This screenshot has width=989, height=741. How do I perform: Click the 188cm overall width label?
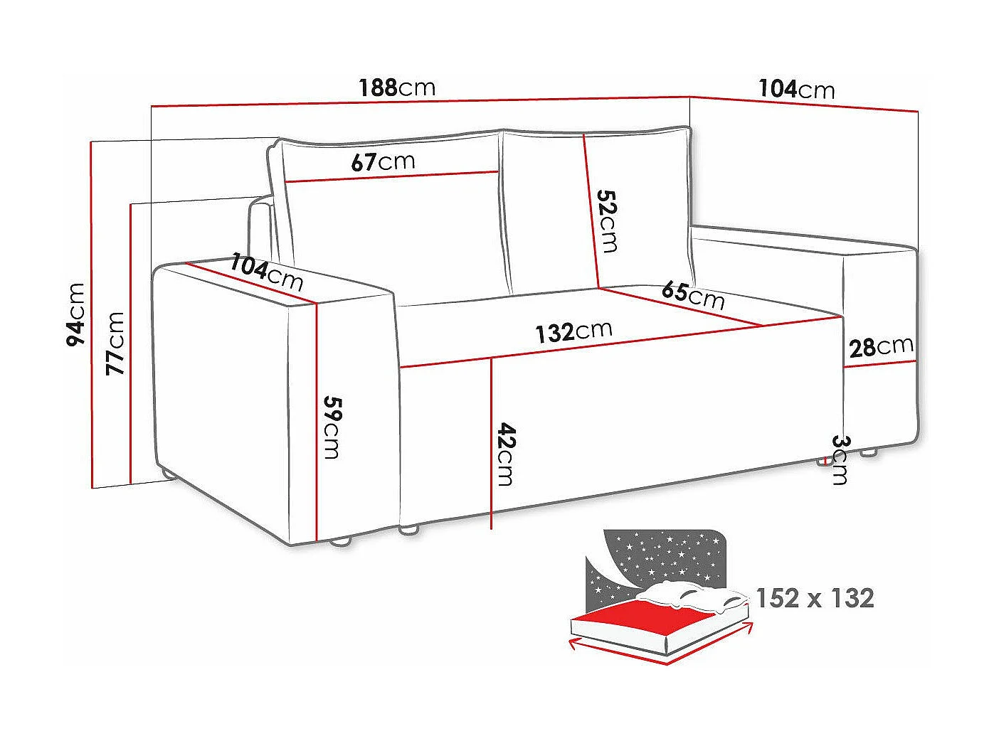(396, 87)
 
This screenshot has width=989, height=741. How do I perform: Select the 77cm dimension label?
(115, 343)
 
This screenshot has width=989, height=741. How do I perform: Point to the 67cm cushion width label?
(383, 162)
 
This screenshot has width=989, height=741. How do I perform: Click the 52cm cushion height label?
(607, 220)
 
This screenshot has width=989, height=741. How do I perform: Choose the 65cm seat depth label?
(692, 294)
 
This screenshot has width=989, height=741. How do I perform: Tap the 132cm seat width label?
(573, 331)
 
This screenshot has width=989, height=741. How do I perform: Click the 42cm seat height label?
(505, 454)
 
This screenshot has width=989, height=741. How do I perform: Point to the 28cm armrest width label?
(881, 347)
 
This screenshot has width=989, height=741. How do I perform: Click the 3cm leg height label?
(840, 459)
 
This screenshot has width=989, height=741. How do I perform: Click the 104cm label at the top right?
(796, 89)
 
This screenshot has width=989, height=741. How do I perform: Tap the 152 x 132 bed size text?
(815, 598)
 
